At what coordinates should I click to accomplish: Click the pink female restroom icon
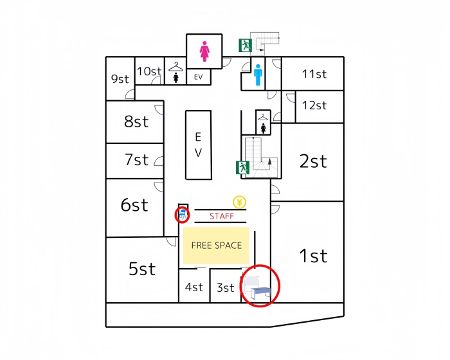point(205,51)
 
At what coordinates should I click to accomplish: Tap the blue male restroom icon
point(258,75)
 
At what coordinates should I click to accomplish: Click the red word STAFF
point(222,217)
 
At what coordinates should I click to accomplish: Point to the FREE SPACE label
point(217,246)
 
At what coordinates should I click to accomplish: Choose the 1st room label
point(313,256)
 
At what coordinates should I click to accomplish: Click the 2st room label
point(313,161)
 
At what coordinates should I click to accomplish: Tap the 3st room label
point(225,288)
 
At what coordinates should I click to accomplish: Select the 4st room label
point(194,287)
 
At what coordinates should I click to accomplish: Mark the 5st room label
point(142,269)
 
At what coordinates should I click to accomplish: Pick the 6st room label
point(134,205)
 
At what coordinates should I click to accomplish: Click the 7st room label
point(137,159)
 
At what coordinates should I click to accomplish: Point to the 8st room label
point(136,122)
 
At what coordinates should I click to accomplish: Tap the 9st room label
point(120,79)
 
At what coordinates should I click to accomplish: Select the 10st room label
point(149,71)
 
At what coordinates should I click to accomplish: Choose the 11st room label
point(314,74)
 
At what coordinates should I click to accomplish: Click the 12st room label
point(314,105)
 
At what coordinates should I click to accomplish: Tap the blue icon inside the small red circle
point(183,213)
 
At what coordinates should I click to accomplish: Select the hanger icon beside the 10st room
point(175,66)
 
